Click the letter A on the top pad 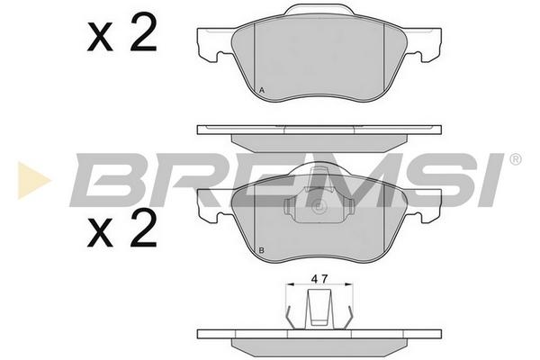262,91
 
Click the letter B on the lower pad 261,250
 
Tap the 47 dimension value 319,279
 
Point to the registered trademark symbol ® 515,159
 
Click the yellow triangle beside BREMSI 33,180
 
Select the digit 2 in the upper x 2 143,32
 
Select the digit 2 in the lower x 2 143,228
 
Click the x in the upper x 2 100,36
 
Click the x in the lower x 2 100,232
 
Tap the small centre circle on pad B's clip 318,207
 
